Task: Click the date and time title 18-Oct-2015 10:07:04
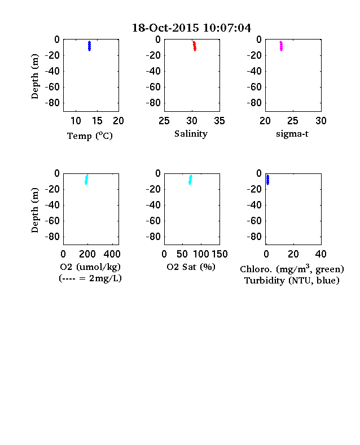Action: click(x=191, y=28)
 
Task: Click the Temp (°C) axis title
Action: click(x=90, y=136)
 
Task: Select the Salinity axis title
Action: click(x=191, y=134)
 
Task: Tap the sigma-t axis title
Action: click(x=292, y=134)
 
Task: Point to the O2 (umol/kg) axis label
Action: click(x=90, y=267)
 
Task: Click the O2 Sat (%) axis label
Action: click(x=191, y=267)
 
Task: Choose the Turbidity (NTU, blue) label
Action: click(x=292, y=281)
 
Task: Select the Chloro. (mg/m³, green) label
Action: click(x=292, y=269)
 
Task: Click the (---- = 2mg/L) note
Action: click(x=90, y=278)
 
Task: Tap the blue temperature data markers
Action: click(x=89, y=46)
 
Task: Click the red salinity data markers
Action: click(x=195, y=46)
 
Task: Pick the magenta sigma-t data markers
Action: click(x=281, y=46)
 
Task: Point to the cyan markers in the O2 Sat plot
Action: click(x=190, y=180)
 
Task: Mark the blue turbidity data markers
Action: click(x=267, y=180)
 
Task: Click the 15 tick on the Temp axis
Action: click(x=97, y=121)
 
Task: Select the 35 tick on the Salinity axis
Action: click(x=219, y=121)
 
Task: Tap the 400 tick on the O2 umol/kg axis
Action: click(x=112, y=254)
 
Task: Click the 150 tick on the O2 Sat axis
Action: click(x=219, y=254)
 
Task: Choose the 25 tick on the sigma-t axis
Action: click(x=292, y=121)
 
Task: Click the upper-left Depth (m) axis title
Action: click(x=34, y=76)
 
